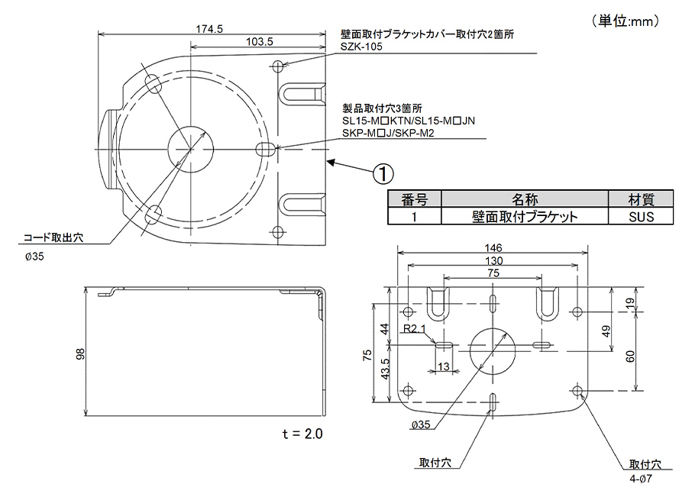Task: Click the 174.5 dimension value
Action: pyautogui.click(x=208, y=29)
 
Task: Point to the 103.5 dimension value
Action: pyautogui.click(x=260, y=43)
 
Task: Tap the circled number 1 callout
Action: pyautogui.click(x=383, y=173)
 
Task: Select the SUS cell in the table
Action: pyautogui.click(x=641, y=216)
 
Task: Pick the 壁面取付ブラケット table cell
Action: pyautogui.click(x=524, y=216)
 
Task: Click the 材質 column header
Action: pyautogui.click(x=641, y=199)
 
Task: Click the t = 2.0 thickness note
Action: pyautogui.click(x=302, y=434)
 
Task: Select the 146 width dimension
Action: pyautogui.click(x=493, y=248)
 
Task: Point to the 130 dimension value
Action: pyautogui.click(x=493, y=260)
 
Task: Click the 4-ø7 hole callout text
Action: pyautogui.click(x=640, y=478)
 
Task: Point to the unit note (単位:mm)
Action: pyautogui.click(x=624, y=21)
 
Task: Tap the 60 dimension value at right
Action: pyautogui.click(x=629, y=357)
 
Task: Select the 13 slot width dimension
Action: pyautogui.click(x=443, y=367)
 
